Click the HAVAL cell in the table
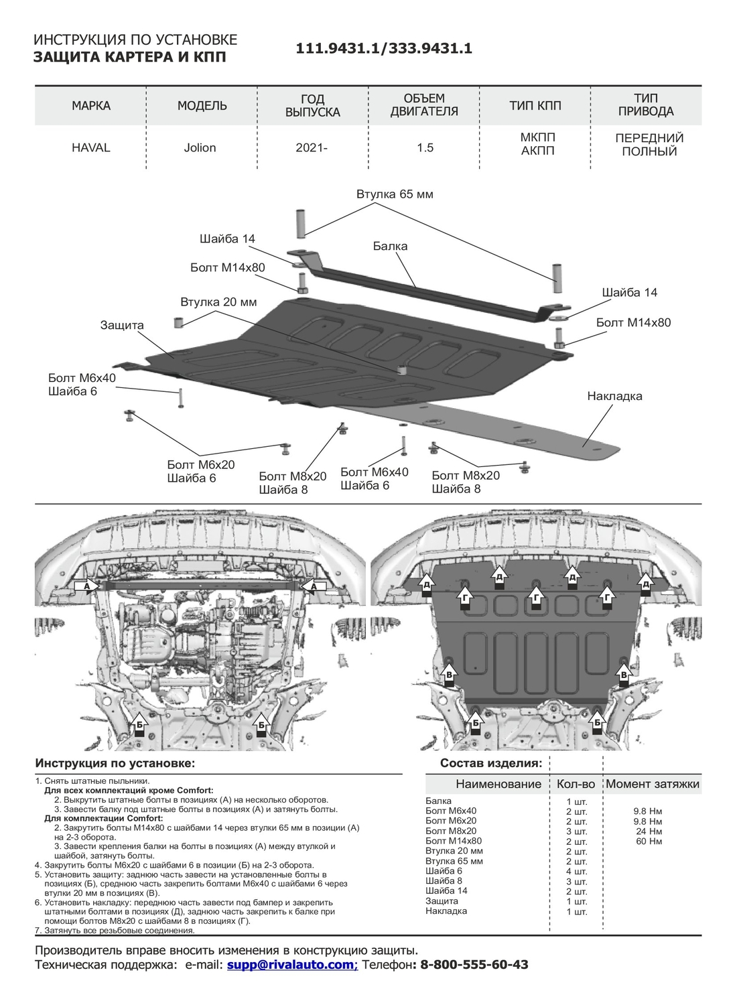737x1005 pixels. coord(90,147)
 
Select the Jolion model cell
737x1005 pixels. coord(200,147)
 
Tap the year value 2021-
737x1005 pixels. coord(312,147)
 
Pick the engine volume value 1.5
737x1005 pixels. coord(425,147)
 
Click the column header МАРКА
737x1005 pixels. coord(90,106)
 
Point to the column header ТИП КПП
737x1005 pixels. coord(535,106)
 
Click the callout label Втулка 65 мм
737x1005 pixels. coord(395,194)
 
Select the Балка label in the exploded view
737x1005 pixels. coord(390,246)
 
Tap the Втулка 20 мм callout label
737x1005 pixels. coord(218,302)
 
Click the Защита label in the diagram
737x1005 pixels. coord(122,325)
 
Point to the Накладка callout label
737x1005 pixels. coord(614,396)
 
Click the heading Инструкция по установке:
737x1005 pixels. coord(115,764)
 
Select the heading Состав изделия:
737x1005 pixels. coord(490,764)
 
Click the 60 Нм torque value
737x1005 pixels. coord(649,841)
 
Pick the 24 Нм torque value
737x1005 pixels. coord(649,831)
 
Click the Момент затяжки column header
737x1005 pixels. coord(652,784)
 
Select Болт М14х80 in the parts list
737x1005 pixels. coord(454,841)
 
